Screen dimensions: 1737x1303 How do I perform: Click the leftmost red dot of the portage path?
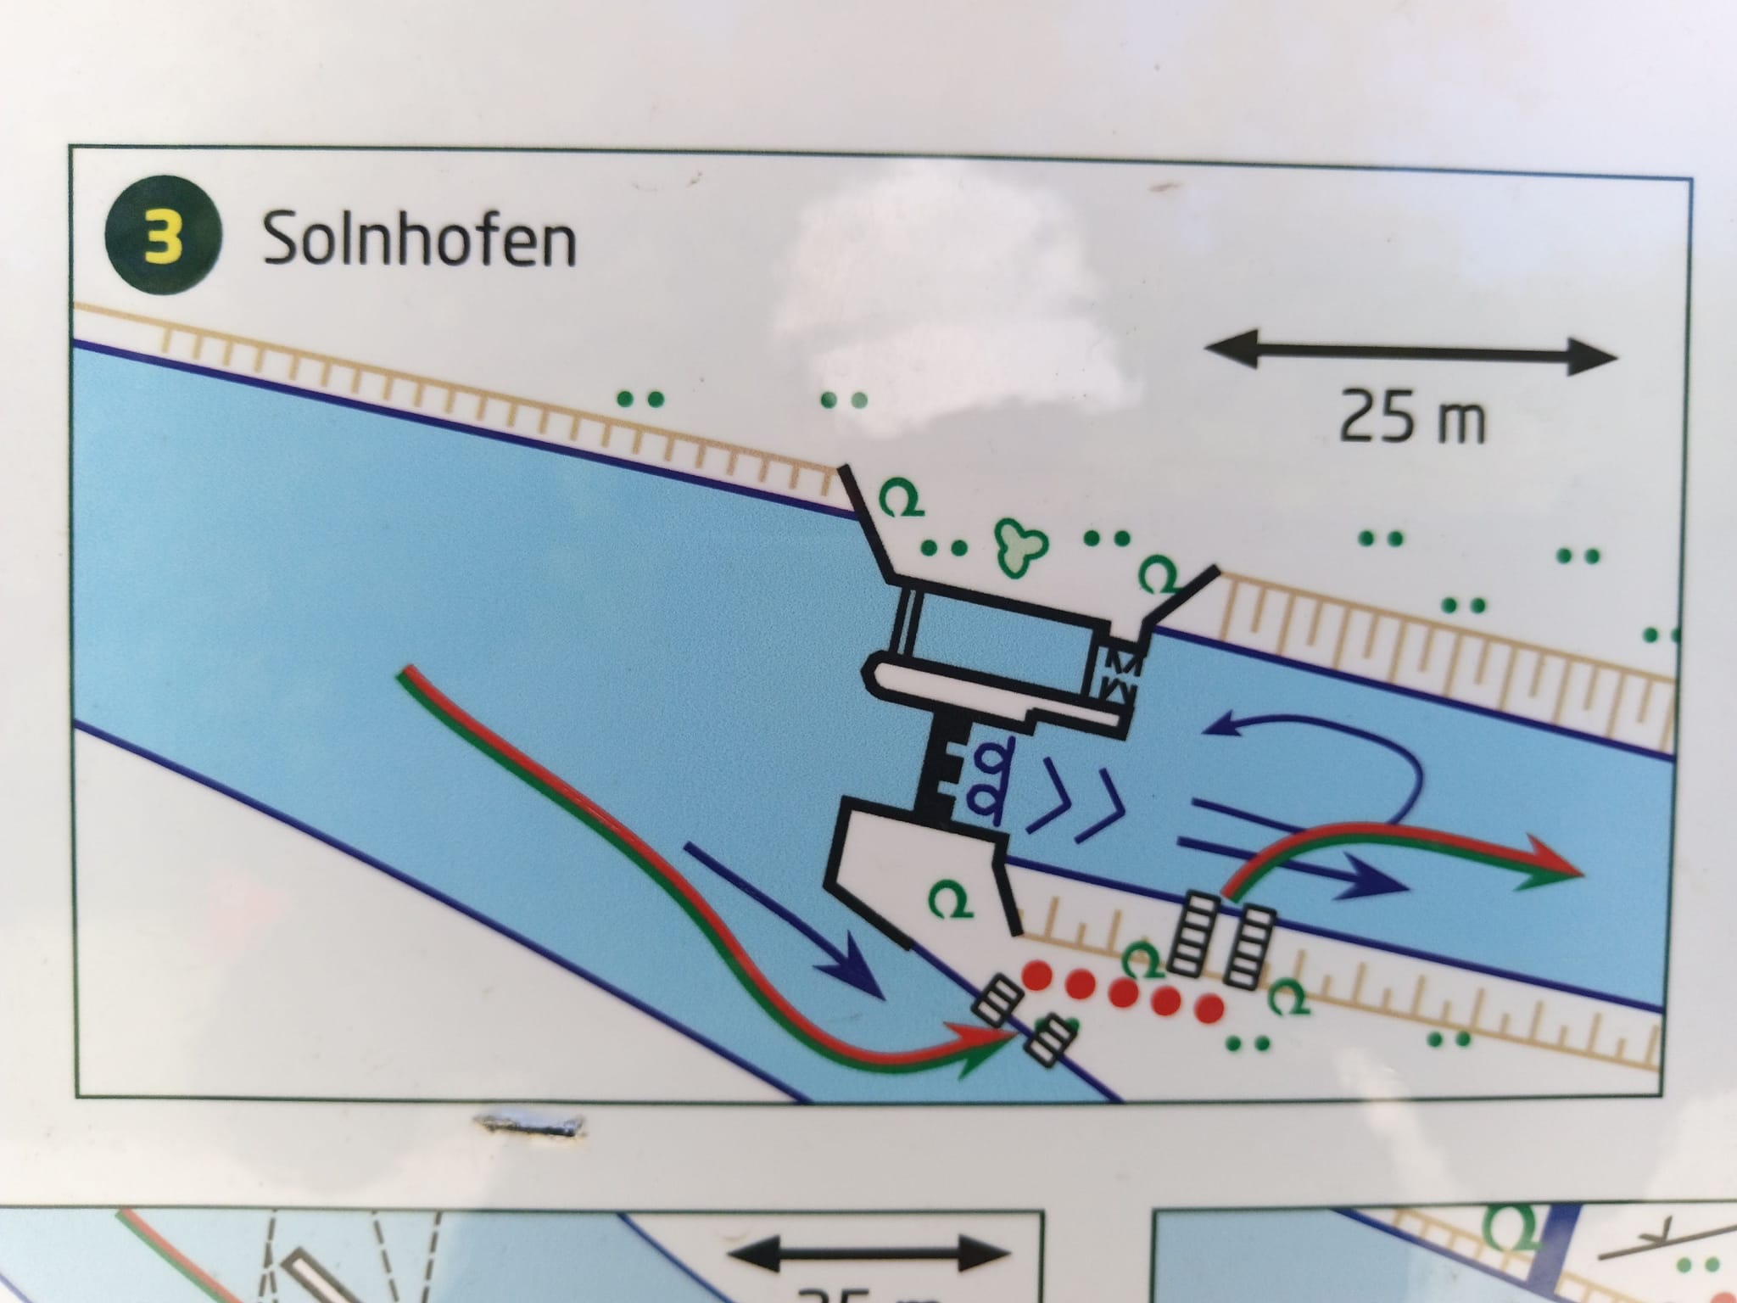coord(1036,975)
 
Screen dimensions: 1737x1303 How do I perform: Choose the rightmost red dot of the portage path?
coord(1209,1009)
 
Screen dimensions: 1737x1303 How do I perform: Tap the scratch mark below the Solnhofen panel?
coord(531,1123)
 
